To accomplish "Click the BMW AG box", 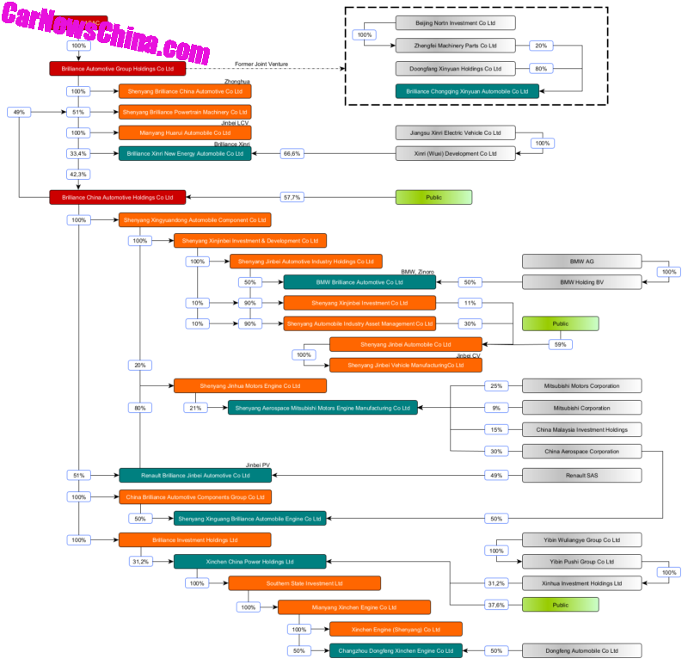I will tap(582, 261).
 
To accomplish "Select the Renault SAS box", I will tap(582, 475).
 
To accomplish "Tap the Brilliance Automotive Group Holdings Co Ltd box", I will tap(118, 68).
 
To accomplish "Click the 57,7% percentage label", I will tap(292, 197).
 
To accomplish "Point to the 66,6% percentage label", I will tap(292, 153).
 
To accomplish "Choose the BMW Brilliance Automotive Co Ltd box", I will tap(359, 281).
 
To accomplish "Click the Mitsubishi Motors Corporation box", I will tap(582, 385).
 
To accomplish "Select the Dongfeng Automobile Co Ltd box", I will tap(582, 651).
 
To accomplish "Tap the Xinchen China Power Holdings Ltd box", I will tap(250, 562).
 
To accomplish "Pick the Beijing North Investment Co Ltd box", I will tap(455, 23).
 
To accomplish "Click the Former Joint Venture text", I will tap(261, 64).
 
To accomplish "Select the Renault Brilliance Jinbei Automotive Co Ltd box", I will tap(195, 475).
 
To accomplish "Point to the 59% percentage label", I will tap(561, 344).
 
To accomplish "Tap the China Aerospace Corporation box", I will tap(582, 451).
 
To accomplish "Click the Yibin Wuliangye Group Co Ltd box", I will tap(582, 540).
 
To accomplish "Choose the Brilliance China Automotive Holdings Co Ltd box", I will tap(118, 197).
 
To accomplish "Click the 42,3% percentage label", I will tap(79, 175).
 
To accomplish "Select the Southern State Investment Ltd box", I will tap(304, 583).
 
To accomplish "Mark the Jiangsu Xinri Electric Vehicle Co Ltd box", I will tap(456, 132).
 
